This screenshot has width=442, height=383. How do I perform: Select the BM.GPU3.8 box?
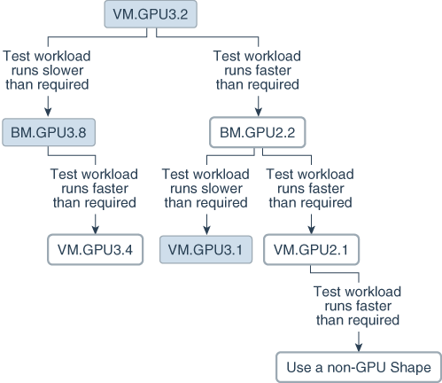[47, 133]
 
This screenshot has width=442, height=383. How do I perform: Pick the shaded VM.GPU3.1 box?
[205, 250]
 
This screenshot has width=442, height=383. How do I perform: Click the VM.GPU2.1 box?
[310, 250]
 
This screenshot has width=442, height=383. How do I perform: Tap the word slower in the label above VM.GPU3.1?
[221, 188]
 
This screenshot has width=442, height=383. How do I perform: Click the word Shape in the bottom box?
[407, 366]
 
